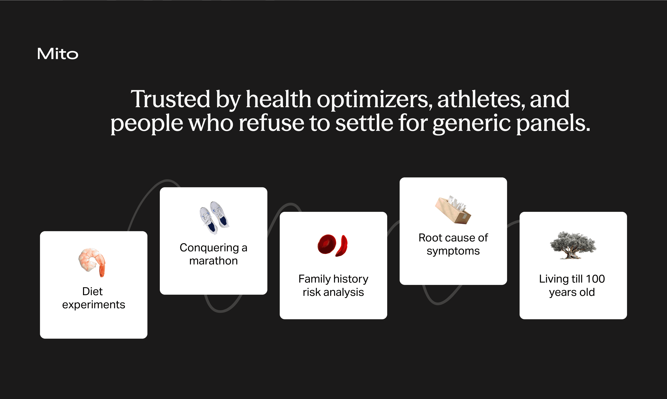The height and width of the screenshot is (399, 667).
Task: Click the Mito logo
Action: pyautogui.click(x=57, y=54)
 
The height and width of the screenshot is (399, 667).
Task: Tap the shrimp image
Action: pyautogui.click(x=92, y=262)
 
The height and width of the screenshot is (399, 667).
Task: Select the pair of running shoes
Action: pyautogui.click(x=214, y=218)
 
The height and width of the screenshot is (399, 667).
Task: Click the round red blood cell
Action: pyautogui.click(x=327, y=244)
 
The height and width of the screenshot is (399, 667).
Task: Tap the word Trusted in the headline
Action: pyautogui.click(x=170, y=99)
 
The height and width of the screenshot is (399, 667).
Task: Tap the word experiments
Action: pyautogui.click(x=94, y=305)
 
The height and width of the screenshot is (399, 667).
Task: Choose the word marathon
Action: pyautogui.click(x=213, y=261)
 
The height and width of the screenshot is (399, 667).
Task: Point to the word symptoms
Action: pyautogui.click(x=453, y=251)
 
